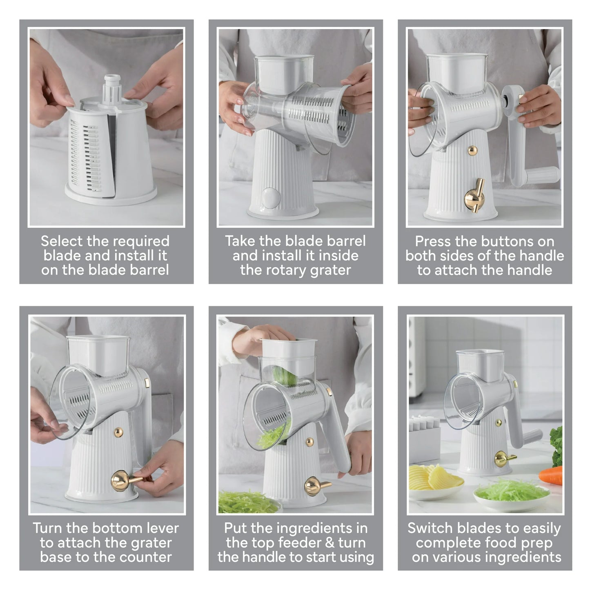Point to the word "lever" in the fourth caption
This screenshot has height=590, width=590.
tap(163, 528)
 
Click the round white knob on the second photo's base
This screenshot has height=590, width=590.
tap(270, 198)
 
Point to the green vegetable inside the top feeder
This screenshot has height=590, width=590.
tap(285, 375)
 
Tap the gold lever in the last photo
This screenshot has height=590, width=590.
tap(504, 459)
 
